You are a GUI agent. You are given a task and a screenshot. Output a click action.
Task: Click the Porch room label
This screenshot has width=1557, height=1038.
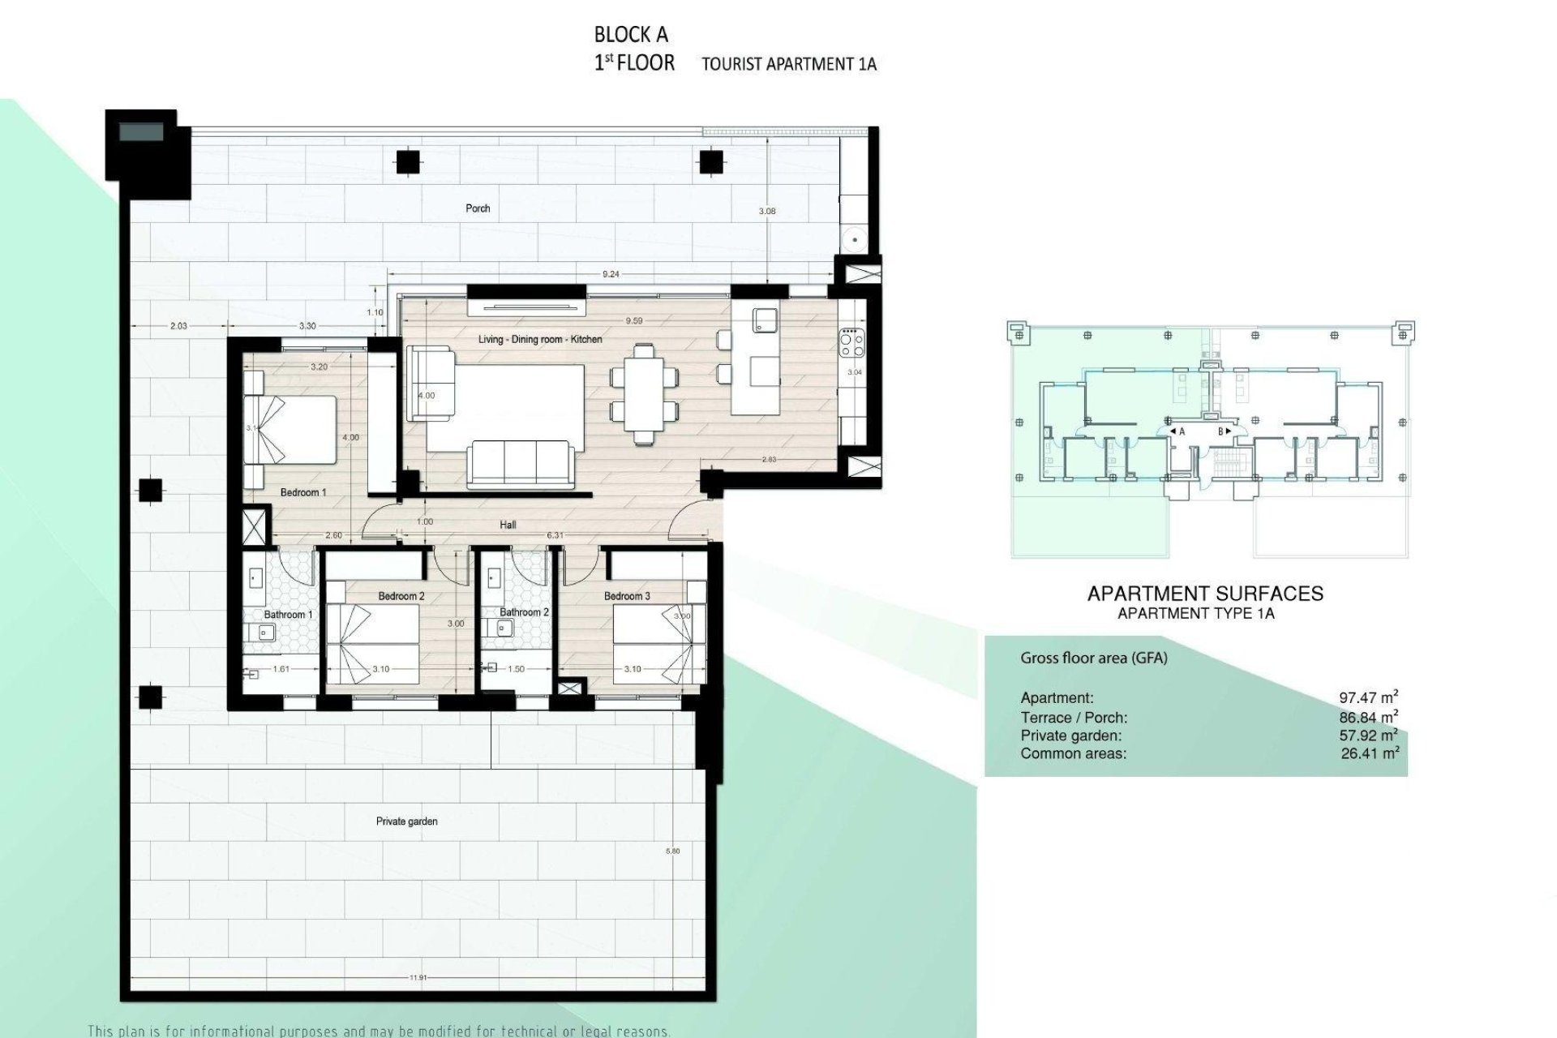tap(478, 208)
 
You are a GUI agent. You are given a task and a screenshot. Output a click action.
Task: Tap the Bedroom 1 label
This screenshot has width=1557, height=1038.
tap(302, 492)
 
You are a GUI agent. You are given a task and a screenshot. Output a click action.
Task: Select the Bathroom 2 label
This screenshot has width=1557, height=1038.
tap(524, 612)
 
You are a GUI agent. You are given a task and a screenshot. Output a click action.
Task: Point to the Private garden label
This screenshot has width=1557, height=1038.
tap(406, 821)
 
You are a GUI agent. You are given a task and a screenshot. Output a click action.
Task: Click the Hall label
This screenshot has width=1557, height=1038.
tap(508, 525)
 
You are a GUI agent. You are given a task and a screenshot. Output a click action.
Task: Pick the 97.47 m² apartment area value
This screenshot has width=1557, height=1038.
tap(1368, 697)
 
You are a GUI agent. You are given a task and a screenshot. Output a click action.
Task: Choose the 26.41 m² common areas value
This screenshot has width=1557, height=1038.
tap(1370, 753)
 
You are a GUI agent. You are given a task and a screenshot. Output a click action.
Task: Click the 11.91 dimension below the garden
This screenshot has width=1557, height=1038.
tap(418, 978)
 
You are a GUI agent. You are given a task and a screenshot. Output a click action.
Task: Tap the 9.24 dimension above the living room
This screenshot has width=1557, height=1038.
tap(611, 275)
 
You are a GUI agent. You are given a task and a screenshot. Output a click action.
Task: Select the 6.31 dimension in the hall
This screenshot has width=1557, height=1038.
tap(555, 535)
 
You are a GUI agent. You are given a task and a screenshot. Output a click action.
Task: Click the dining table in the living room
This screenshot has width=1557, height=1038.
tap(643, 392)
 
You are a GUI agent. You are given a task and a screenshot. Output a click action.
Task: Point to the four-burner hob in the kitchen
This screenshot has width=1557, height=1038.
tap(852, 342)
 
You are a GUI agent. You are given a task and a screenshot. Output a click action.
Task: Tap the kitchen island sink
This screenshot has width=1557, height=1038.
tap(765, 320)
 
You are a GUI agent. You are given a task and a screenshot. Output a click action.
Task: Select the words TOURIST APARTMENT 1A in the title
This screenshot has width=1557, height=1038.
tap(788, 64)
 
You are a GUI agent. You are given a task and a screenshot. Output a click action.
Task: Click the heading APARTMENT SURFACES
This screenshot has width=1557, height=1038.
tap(1204, 594)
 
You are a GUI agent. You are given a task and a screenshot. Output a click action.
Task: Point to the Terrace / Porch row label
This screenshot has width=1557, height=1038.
tap(1074, 718)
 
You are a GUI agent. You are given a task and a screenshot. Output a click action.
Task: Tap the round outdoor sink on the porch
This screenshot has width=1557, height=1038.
tap(853, 240)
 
